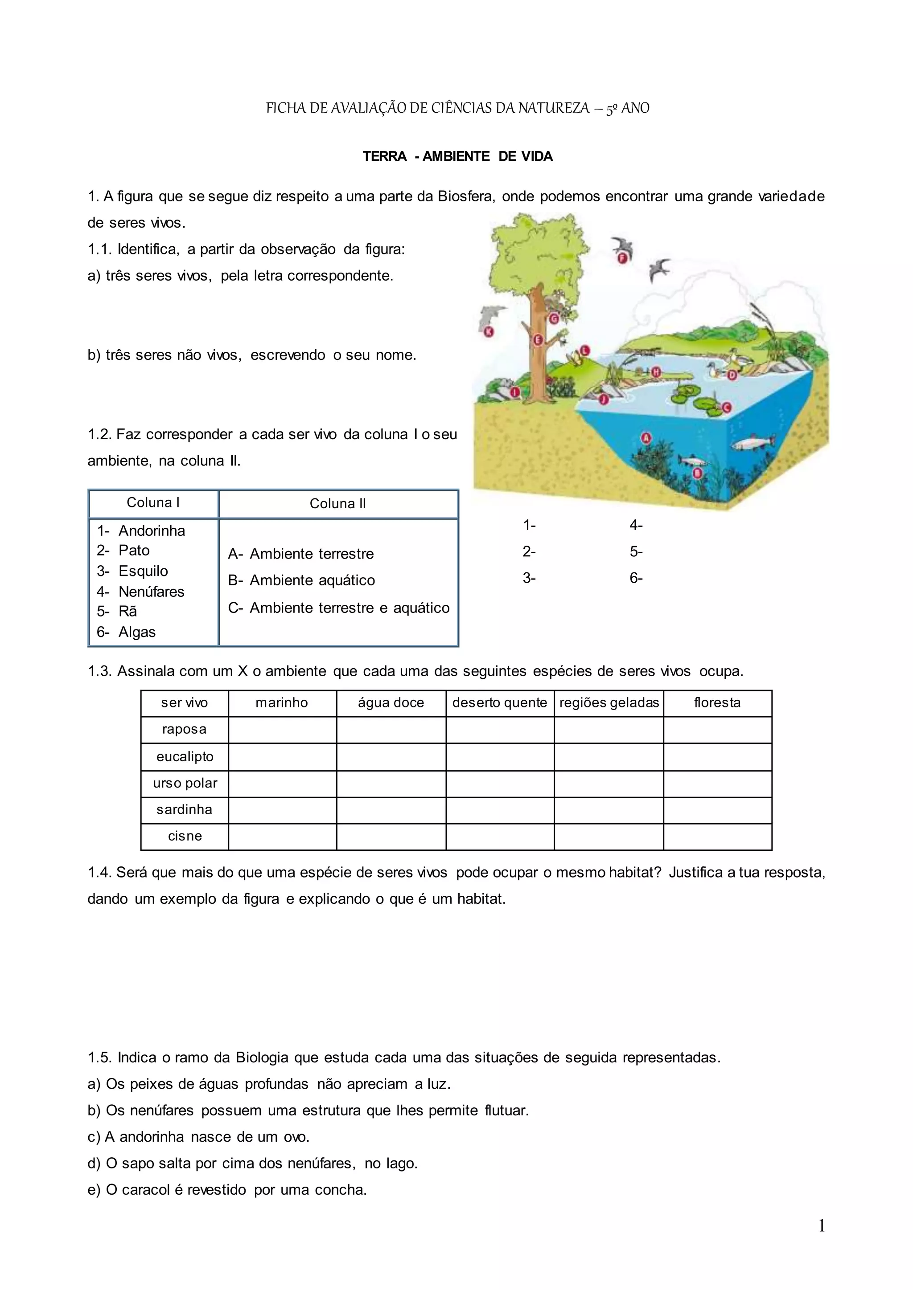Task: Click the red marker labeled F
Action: coord(622,258)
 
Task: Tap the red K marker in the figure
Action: coord(489,332)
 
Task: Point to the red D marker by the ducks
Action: coord(732,374)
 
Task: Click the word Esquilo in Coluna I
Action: coord(143,571)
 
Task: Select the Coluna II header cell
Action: coord(338,503)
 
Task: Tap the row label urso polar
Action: coord(185,783)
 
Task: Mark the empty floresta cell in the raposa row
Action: coord(717,730)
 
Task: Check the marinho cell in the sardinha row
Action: coord(282,810)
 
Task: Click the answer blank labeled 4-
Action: coord(636,525)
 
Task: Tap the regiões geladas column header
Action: coord(609,703)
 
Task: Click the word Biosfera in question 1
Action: coord(466,196)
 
